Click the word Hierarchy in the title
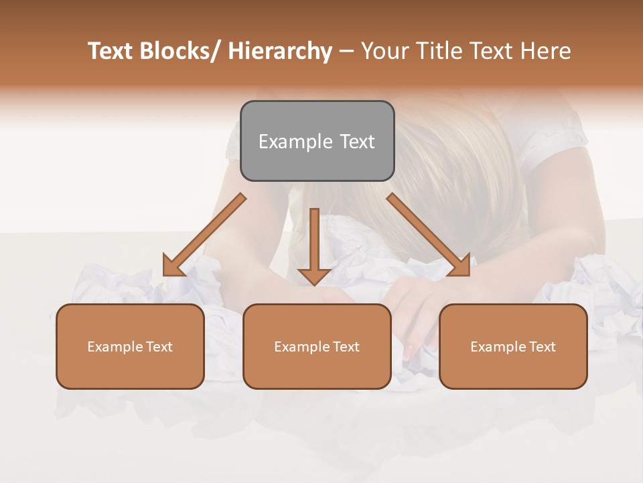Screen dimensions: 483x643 point(281,52)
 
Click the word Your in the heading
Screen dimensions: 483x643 point(383,52)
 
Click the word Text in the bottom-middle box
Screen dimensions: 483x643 point(345,347)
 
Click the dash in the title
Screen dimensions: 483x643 point(346,52)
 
